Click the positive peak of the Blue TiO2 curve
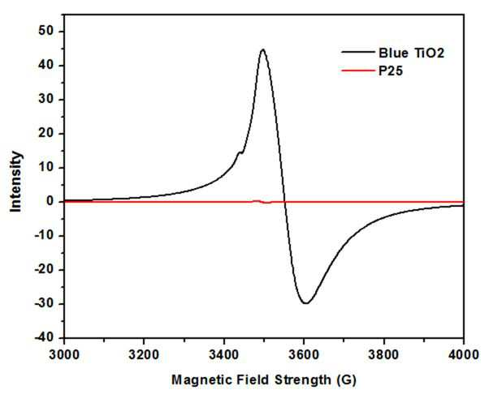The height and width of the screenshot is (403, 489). (263, 49)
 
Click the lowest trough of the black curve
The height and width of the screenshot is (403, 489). (306, 302)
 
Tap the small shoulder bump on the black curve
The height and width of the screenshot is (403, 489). (240, 152)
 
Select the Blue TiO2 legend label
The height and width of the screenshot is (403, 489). (411, 54)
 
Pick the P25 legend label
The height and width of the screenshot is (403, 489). (391, 71)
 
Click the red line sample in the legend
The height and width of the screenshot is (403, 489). (358, 71)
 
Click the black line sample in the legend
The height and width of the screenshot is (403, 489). (358, 52)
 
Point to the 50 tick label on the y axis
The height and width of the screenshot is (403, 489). (46, 31)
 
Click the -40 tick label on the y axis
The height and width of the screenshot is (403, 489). (44, 337)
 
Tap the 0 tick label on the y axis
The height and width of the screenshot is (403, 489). (50, 201)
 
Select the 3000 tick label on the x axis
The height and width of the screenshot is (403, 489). (64, 354)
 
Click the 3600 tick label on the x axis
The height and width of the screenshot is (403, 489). (304, 354)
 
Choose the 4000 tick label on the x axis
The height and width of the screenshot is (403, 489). (464, 354)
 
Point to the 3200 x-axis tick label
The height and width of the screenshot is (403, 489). (144, 354)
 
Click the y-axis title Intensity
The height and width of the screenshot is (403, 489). (15, 182)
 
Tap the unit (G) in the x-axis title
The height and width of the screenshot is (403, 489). (347, 380)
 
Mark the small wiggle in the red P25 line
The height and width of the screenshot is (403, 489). (262, 202)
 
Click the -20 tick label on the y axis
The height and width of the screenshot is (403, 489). (44, 269)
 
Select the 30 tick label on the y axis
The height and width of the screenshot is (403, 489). (46, 99)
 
